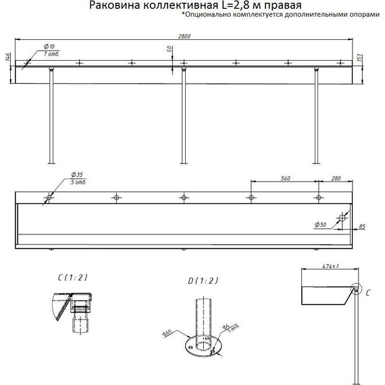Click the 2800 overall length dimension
183,36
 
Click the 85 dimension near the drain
362,226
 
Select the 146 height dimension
7,60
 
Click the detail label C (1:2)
72,278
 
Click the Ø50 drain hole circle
341,220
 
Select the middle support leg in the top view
182,115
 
